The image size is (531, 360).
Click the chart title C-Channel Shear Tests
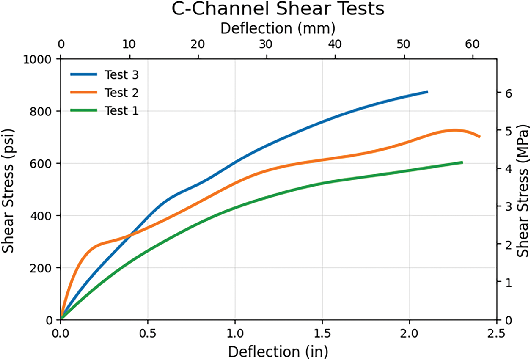pyautogui.click(x=278, y=10)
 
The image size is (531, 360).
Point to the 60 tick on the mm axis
pyautogui.click(x=473, y=44)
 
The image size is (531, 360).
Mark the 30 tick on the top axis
pyautogui.click(x=267, y=44)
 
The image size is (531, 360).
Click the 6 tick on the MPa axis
pyautogui.click(x=509, y=93)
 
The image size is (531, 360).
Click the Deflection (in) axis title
pyautogui.click(x=278, y=350)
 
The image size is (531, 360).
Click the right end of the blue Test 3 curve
pyautogui.click(x=427, y=91)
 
